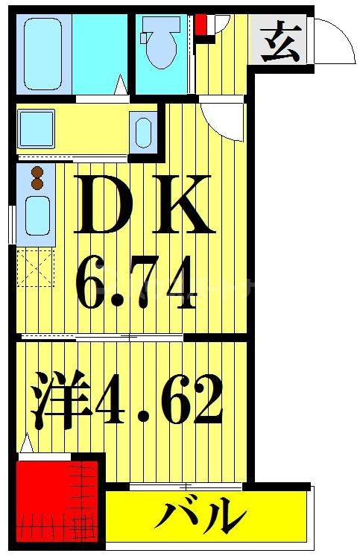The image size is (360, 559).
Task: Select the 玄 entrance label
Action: (x=280, y=42)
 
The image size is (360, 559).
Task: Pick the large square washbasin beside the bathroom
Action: (x=37, y=128)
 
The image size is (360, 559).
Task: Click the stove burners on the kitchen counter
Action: (x=37, y=179)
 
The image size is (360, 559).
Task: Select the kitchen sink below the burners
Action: (x=37, y=213)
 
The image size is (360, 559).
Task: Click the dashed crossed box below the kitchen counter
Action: (x=37, y=268)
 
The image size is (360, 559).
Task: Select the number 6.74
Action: (x=138, y=283)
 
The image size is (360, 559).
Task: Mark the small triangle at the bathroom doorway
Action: (x=119, y=86)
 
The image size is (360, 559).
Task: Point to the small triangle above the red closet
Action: (x=27, y=444)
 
